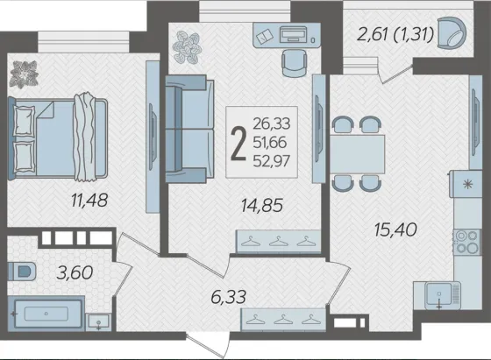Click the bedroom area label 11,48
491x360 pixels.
coord(89,201)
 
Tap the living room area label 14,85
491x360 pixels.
coord(262,206)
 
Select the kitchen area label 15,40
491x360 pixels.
coord(395,229)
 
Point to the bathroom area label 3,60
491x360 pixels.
coord(75,272)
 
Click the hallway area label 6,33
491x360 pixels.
coord(229,297)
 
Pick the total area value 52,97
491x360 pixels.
coord(272,161)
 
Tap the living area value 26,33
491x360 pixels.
coord(272,124)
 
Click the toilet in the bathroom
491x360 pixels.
coord(21,272)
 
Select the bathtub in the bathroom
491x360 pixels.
coord(46,314)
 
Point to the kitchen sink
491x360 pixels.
coord(439,294)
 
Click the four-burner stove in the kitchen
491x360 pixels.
coord(466,242)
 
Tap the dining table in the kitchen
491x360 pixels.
coord(358,154)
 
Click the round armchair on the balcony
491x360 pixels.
coord(452,32)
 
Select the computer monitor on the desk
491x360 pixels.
coord(293,33)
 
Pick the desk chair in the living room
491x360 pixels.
coord(294,62)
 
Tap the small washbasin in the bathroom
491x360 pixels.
coord(98,321)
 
